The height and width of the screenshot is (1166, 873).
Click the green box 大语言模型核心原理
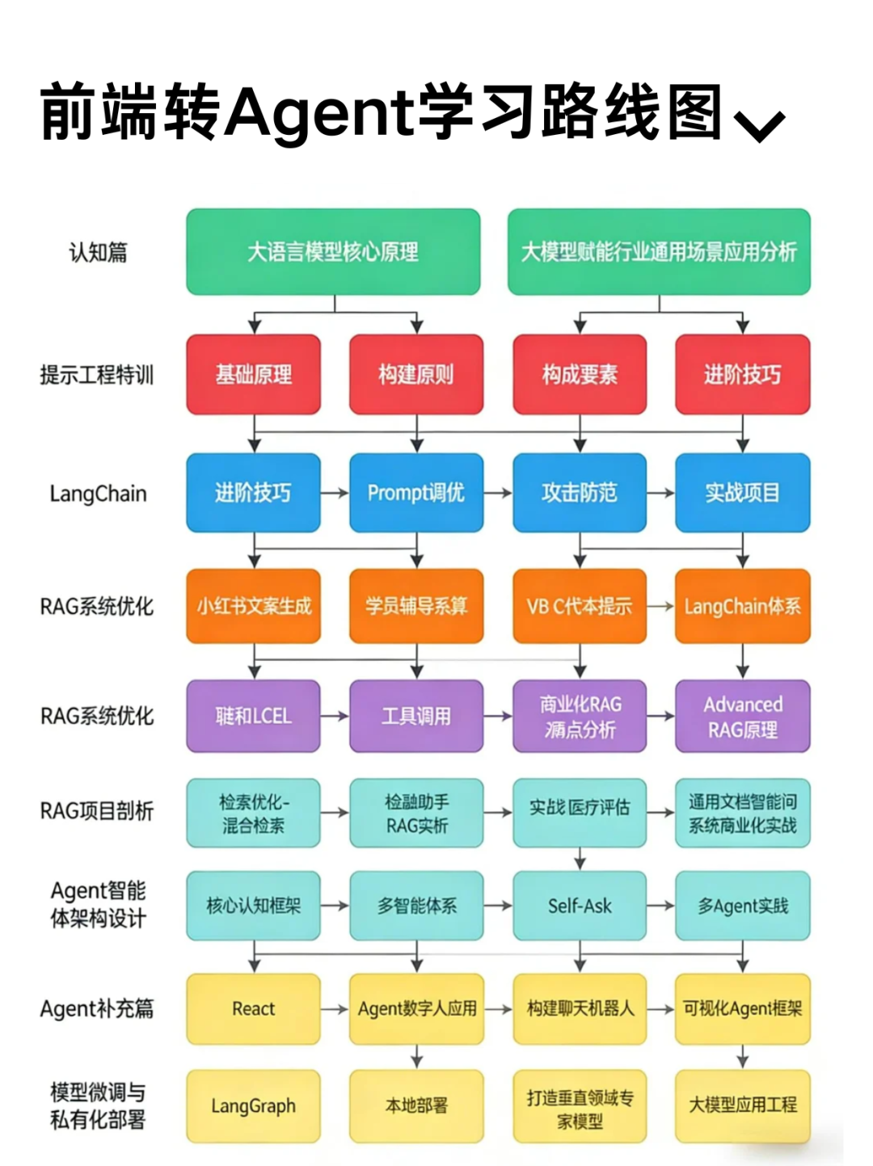(x=333, y=252)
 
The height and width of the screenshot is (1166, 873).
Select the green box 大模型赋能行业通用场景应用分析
(x=659, y=252)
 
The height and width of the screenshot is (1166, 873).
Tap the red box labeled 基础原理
(x=254, y=375)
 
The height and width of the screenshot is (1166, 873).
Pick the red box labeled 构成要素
(x=580, y=375)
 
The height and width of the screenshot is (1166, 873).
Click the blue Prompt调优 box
(x=416, y=493)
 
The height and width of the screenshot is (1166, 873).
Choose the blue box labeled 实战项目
(x=742, y=493)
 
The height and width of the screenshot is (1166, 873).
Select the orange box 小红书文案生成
(x=254, y=606)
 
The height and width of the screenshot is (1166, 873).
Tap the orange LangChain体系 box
(x=742, y=606)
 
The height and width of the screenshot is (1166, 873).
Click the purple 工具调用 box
(x=416, y=716)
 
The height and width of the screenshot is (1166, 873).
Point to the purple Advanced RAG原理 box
(x=742, y=716)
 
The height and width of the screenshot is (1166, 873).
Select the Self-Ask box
(x=580, y=906)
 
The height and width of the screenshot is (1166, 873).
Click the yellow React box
(x=254, y=1008)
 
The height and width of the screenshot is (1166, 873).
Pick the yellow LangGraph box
(x=254, y=1105)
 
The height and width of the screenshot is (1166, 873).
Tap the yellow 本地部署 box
(x=416, y=1105)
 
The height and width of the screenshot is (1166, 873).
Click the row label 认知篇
(x=98, y=252)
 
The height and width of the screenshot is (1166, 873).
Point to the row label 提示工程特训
(x=96, y=375)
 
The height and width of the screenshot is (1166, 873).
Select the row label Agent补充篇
(x=96, y=1008)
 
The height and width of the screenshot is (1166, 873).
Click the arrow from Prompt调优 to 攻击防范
(x=498, y=493)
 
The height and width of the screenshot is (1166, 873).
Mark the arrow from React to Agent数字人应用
(x=335, y=1008)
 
